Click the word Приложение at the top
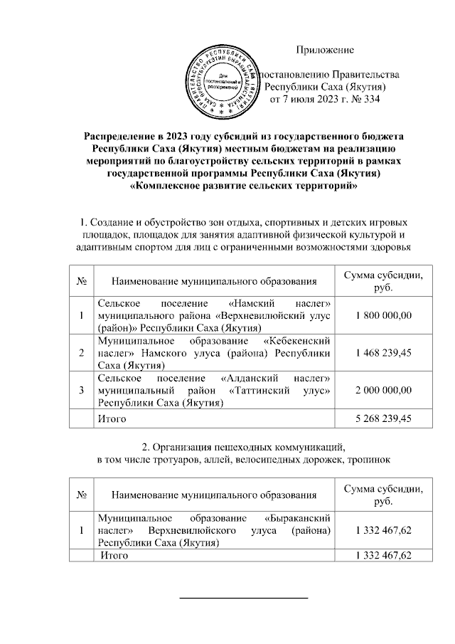pyautogui.click(x=325, y=50)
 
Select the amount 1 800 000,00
pyautogui.click(x=383, y=315)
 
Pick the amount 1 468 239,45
pyautogui.click(x=383, y=352)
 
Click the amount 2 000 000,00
pyautogui.click(x=383, y=389)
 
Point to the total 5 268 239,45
pyautogui.click(x=383, y=419)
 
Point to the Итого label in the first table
pyautogui.click(x=112, y=419)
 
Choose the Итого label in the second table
pyautogui.click(x=114, y=555)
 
